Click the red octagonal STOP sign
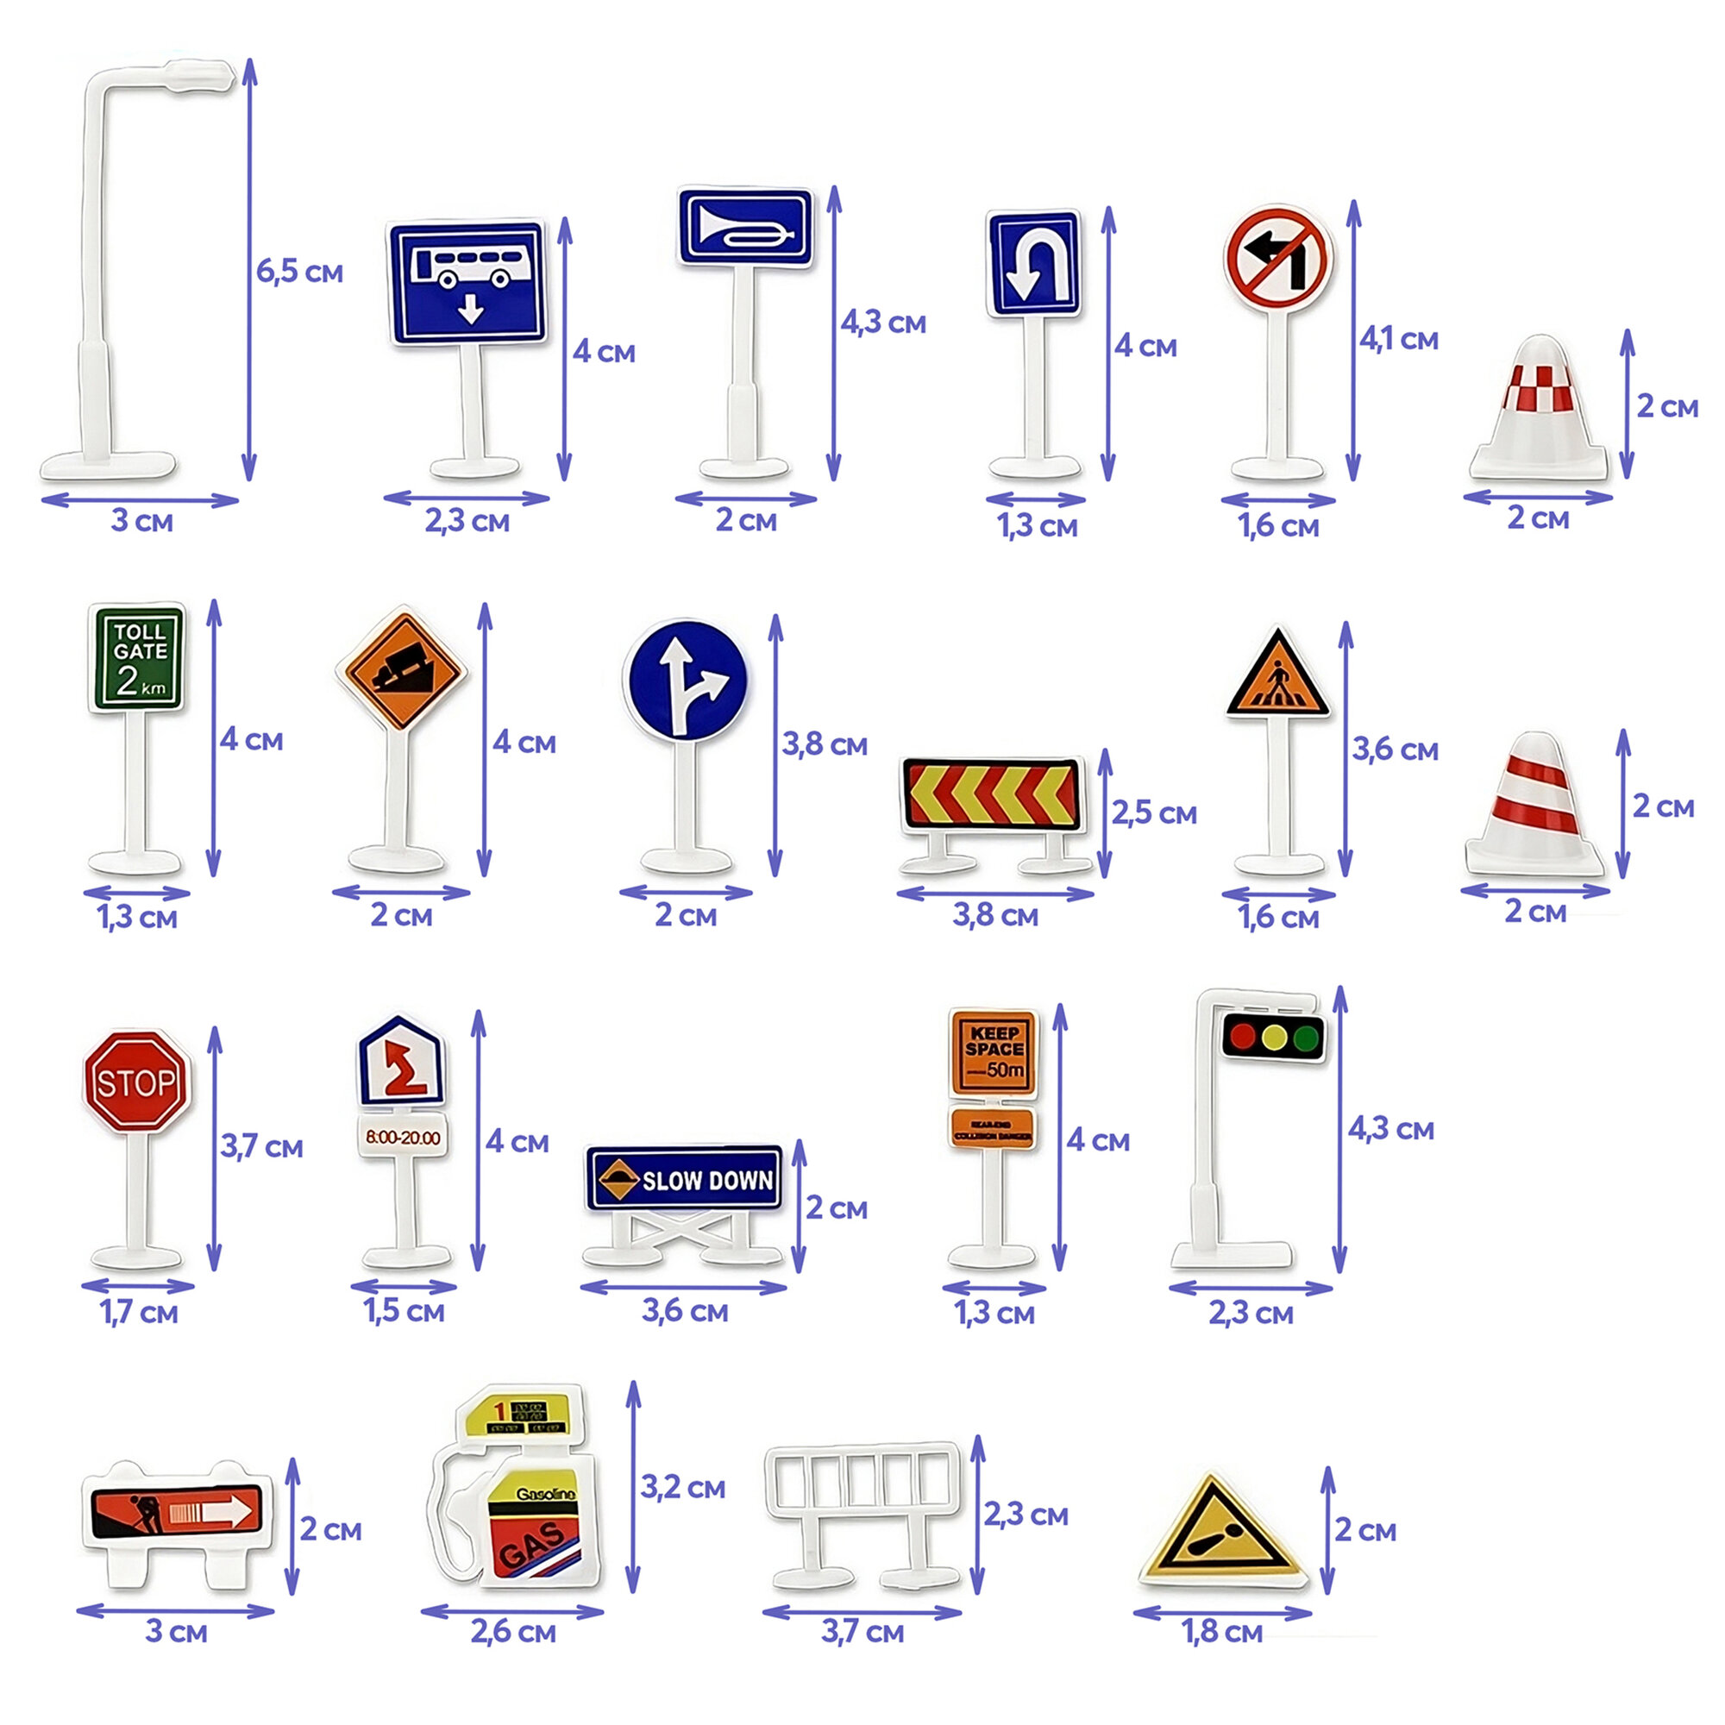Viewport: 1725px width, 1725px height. [136, 1082]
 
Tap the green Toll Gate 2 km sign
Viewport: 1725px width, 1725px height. [137, 658]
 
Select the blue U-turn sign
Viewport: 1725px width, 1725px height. [1034, 263]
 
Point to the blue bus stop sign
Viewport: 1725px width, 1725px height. [467, 281]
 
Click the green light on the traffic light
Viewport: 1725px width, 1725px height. [1308, 1037]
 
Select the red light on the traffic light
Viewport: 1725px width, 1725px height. [1242, 1037]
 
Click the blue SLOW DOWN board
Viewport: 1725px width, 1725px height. [684, 1178]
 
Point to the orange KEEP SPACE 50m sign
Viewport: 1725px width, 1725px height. [993, 1051]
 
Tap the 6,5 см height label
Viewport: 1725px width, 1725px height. [299, 272]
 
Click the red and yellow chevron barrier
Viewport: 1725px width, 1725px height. [992, 793]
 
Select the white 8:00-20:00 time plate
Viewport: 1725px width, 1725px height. [403, 1137]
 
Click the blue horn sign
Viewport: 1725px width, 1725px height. [745, 227]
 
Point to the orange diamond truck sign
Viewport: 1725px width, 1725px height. [401, 668]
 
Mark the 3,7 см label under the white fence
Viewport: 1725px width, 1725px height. [862, 1632]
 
